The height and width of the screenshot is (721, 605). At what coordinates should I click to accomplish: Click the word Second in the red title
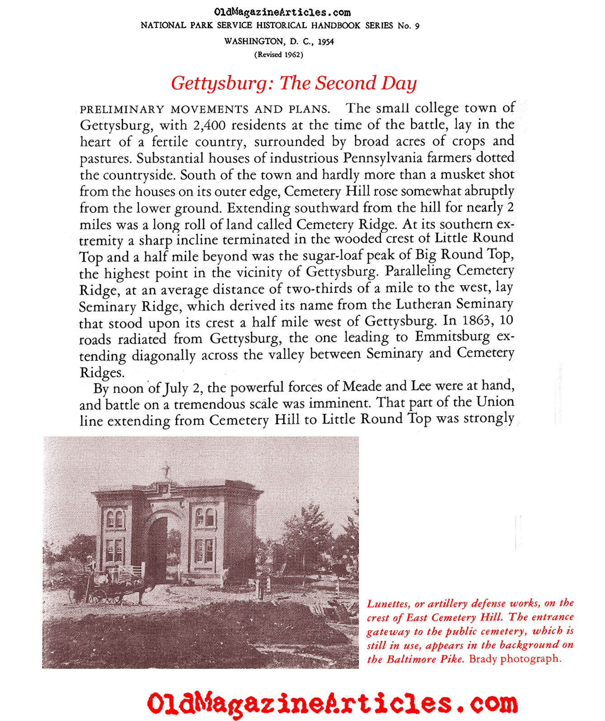pyautogui.click(x=345, y=83)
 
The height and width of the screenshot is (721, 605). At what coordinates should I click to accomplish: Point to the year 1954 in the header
pyautogui.click(x=326, y=42)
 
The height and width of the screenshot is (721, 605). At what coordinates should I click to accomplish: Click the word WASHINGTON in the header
pyautogui.click(x=253, y=42)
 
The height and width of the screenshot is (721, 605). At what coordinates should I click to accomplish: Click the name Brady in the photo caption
pyautogui.click(x=483, y=659)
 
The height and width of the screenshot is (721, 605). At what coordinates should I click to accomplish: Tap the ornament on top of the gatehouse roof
pyautogui.click(x=167, y=471)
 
